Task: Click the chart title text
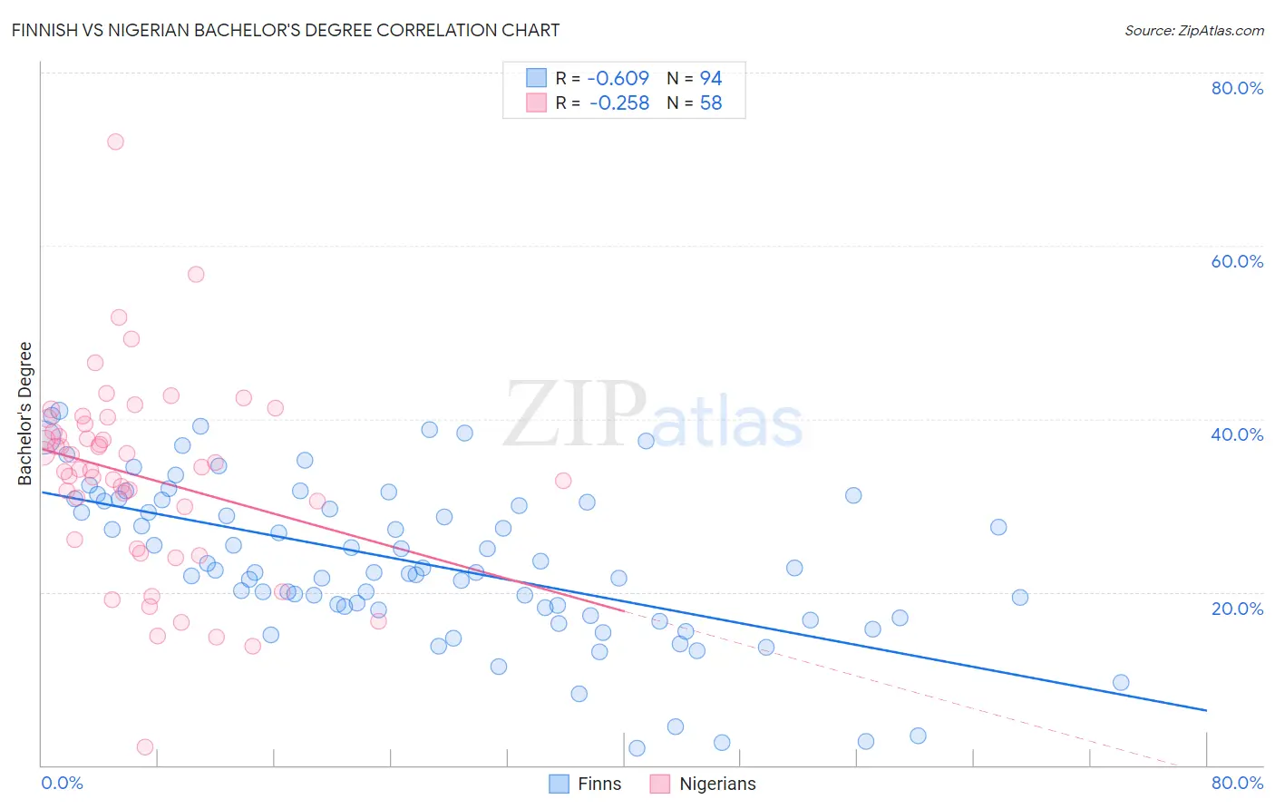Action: point(286,30)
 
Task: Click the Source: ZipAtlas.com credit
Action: point(1193,30)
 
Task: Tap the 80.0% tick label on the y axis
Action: point(1237,88)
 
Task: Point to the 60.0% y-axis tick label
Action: point(1237,261)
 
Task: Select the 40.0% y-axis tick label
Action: point(1237,434)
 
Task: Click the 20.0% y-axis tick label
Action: point(1237,608)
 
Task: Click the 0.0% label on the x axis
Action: point(62,783)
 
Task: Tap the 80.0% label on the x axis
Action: point(1237,783)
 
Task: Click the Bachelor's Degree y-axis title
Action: point(25,414)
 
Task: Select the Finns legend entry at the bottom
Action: point(599,784)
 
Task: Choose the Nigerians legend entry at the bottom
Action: point(716,784)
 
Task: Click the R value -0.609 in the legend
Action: point(618,78)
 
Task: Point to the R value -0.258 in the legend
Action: point(618,103)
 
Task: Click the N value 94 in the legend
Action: point(711,78)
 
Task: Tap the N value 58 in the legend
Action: point(711,103)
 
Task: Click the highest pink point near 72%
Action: point(115,141)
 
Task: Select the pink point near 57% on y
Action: point(196,274)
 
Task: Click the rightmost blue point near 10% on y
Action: point(1121,683)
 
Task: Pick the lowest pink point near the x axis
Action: point(145,747)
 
